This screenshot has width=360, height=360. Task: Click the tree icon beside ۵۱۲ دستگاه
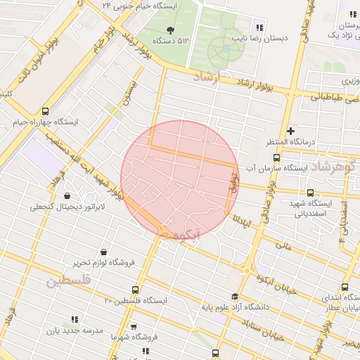pyautogui.click(x=170, y=29)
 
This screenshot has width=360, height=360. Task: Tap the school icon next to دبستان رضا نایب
pyautogui.click(x=259, y=28)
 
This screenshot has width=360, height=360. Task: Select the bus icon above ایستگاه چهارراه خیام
pyautogui.click(x=46, y=111)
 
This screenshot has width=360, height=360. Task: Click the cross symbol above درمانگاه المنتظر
pyautogui.click(x=291, y=131)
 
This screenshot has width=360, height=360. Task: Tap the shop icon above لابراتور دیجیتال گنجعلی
pyautogui.click(x=67, y=196)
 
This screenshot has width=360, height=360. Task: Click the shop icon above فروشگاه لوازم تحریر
pyautogui.click(x=104, y=252)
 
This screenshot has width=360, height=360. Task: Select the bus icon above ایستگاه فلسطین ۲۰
pyautogui.click(x=136, y=290)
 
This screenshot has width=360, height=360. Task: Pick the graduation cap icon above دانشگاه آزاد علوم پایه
pyautogui.click(x=234, y=296)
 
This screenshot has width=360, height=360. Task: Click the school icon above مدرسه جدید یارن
pyautogui.click(x=75, y=319)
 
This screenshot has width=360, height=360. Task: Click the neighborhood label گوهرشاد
pyautogui.click(x=334, y=167)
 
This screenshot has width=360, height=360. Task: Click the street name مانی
pyautogui.click(x=283, y=246)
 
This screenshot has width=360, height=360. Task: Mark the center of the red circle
pyautogui.click(x=180, y=179)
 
